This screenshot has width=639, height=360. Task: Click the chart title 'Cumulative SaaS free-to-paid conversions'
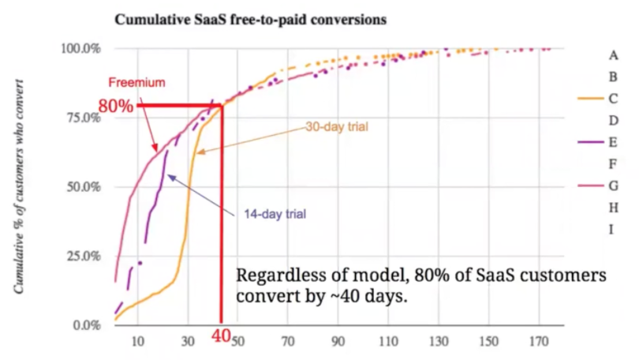251,20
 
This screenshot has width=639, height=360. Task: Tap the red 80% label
115,106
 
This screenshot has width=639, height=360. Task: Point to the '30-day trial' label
338,126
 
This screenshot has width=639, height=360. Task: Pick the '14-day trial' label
275,214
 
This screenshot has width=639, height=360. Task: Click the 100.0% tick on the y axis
80,49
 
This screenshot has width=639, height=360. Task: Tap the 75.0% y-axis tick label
82,118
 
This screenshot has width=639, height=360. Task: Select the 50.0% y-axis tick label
82,187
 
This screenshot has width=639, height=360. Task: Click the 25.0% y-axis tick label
82,257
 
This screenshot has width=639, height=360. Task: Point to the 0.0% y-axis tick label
84,325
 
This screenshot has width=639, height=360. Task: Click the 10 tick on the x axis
138,342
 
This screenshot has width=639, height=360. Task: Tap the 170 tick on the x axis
539,342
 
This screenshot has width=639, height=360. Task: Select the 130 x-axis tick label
439,342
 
